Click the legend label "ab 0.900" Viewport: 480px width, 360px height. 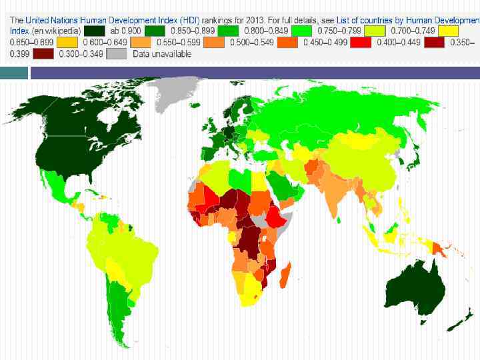point(125,31)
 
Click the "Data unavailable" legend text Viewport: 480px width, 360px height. point(161,53)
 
